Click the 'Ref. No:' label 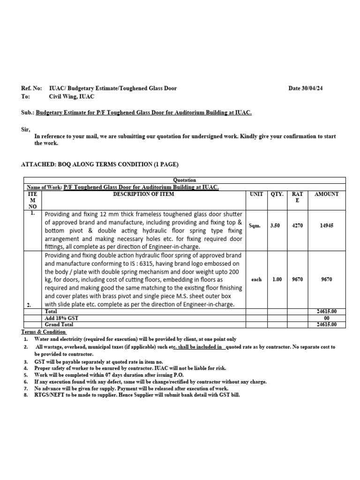pyautogui.click(x=32, y=88)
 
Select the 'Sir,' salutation pyautogui.click(x=25, y=128)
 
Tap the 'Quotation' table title pyautogui.click(x=185, y=180)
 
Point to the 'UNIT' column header pyautogui.click(x=256, y=194)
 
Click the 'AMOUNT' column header pyautogui.click(x=326, y=194)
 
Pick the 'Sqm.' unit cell pyautogui.click(x=256, y=225)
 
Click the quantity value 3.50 pyautogui.click(x=275, y=225)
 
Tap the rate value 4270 pyautogui.click(x=297, y=225)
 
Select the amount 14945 pyautogui.click(x=326, y=225)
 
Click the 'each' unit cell pyautogui.click(x=256, y=279)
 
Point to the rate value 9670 pyautogui.click(x=297, y=279)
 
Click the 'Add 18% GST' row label pyautogui.click(x=61, y=318)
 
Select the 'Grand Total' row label pyautogui.click(x=59, y=324)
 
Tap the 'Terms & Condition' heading pyautogui.click(x=44, y=331)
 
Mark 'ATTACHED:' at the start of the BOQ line pyautogui.click(x=38, y=164)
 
